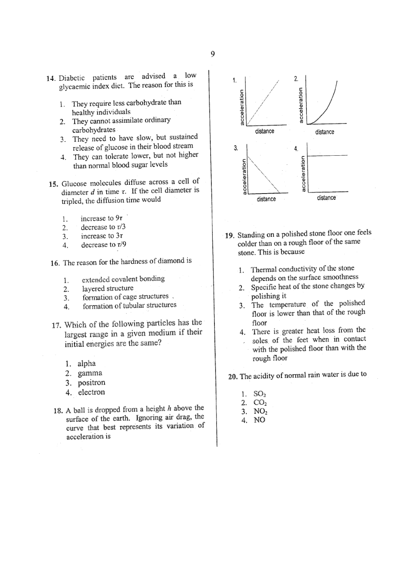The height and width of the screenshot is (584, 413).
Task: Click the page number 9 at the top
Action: point(213,54)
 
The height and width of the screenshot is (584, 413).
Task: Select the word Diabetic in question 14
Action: point(72,78)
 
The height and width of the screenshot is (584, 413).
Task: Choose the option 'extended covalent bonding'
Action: point(123,279)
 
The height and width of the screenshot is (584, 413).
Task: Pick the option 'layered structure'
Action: point(108,288)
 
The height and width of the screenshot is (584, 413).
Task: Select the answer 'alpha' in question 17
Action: point(87,363)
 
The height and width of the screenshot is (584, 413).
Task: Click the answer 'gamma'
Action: point(90,373)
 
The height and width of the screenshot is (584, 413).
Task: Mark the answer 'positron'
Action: point(92,383)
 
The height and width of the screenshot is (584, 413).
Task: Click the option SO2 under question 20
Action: point(260,394)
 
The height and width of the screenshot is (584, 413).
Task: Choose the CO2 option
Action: point(260,403)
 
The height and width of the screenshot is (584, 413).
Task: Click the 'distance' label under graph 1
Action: point(265,132)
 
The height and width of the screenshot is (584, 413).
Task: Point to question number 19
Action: point(229,235)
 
